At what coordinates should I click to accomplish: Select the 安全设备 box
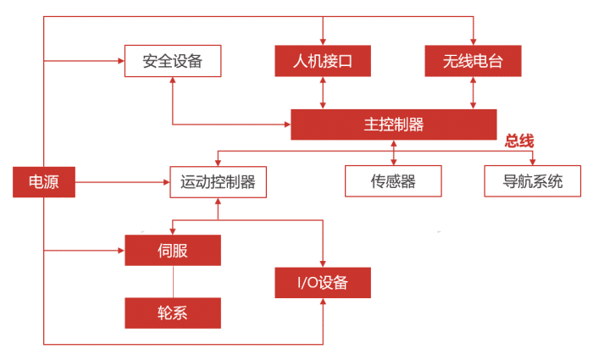click(x=173, y=61)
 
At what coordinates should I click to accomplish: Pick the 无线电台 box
click(x=472, y=61)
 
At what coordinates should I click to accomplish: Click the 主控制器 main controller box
click(x=393, y=125)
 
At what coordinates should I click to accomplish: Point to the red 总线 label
click(x=519, y=141)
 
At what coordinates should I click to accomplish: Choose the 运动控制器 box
click(x=219, y=181)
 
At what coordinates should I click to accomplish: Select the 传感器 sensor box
click(x=393, y=181)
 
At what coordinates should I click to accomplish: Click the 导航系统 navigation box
click(x=533, y=181)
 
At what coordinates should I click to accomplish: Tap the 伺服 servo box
click(x=173, y=251)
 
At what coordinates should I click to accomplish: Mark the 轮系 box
click(x=173, y=313)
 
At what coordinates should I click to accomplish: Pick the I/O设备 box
click(x=323, y=283)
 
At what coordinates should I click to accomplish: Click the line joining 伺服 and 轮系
click(x=173, y=282)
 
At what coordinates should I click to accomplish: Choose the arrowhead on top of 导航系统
click(x=533, y=161)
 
